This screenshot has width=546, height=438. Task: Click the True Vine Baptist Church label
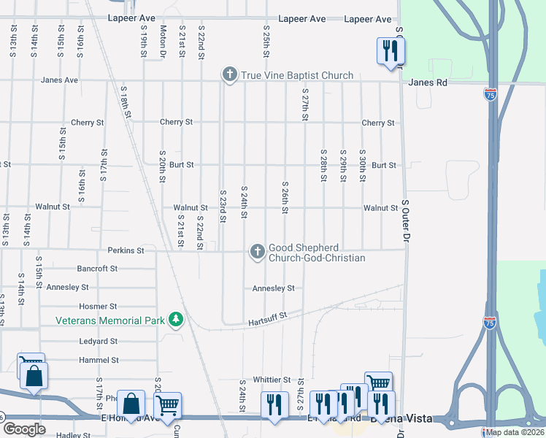297,75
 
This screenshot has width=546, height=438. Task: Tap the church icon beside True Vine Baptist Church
230,74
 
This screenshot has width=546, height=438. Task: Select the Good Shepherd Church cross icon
257,252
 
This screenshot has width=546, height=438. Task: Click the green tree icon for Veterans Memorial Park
175,320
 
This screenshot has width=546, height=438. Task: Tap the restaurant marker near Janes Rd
390,51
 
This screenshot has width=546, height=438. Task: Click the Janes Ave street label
60,80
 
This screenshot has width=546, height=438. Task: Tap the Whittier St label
272,380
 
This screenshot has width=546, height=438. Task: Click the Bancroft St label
97,269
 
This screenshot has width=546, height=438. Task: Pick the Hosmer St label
98,307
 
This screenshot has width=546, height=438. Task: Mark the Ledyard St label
99,341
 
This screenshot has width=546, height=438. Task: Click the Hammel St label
99,360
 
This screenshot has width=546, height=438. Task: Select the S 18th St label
126,101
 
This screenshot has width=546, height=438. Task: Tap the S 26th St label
285,198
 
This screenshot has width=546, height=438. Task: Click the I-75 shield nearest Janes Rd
490,94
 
